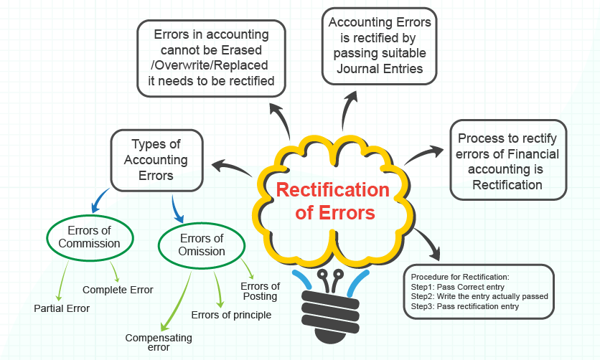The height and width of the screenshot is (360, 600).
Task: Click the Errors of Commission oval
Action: tap(89, 237)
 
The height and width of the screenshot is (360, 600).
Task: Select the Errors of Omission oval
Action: tap(202, 245)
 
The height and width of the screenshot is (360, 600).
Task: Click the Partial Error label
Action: tap(62, 308)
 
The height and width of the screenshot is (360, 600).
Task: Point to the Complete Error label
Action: tap(118, 290)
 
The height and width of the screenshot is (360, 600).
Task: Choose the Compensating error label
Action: tap(159, 342)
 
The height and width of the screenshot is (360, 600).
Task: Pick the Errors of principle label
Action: tap(231, 314)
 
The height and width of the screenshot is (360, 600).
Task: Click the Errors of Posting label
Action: tap(259, 291)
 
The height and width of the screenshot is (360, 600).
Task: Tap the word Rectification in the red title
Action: tap(333, 190)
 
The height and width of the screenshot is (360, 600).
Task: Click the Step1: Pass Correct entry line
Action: tap(453, 286)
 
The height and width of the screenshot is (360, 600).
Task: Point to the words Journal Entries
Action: tap(379, 69)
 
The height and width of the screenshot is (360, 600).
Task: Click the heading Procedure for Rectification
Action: tap(459, 276)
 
